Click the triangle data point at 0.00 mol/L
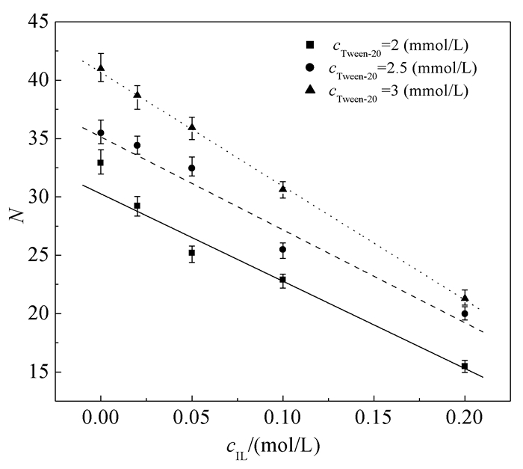tap(101, 68)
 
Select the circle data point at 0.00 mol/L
tap(101, 132)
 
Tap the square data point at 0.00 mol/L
tap(101, 162)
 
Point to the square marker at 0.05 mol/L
tap(192, 253)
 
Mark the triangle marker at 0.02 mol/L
tap(137, 94)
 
